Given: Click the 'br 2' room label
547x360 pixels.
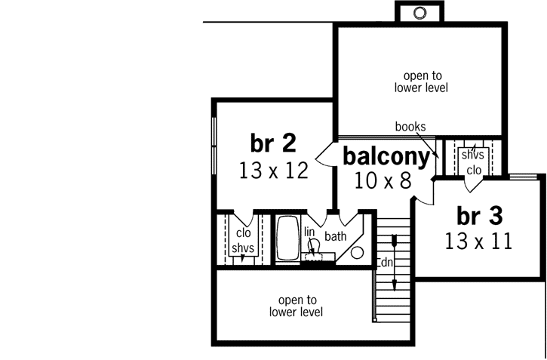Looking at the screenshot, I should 272,143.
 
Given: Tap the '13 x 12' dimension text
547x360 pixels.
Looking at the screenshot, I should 274,171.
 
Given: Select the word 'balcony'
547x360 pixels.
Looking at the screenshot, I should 387,156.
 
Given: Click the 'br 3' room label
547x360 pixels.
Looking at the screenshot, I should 479,216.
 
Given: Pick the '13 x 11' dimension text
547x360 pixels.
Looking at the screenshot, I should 478,242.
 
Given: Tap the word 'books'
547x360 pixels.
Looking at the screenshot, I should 410,127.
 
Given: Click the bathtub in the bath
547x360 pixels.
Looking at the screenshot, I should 287,239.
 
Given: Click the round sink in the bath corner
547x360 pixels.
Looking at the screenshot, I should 359,253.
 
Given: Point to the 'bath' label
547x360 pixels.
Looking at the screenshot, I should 336,236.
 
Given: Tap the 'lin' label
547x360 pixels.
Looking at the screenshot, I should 309,232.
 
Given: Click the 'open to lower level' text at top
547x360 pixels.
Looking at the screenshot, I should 421,82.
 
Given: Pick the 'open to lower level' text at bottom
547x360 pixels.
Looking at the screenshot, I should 296,305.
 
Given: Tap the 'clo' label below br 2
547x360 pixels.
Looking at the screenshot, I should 243,233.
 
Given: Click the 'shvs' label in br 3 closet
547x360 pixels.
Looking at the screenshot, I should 473,155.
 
